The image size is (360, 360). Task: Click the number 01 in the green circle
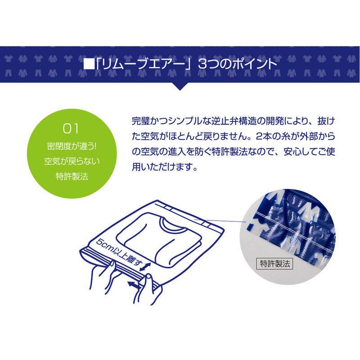click(71, 129)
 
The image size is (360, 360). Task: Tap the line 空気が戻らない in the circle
click(72, 161)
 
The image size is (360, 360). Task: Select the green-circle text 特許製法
click(72, 175)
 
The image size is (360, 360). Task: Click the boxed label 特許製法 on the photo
click(274, 263)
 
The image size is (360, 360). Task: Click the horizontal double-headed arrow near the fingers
click(133, 285)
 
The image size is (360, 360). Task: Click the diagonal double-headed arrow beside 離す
click(145, 267)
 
